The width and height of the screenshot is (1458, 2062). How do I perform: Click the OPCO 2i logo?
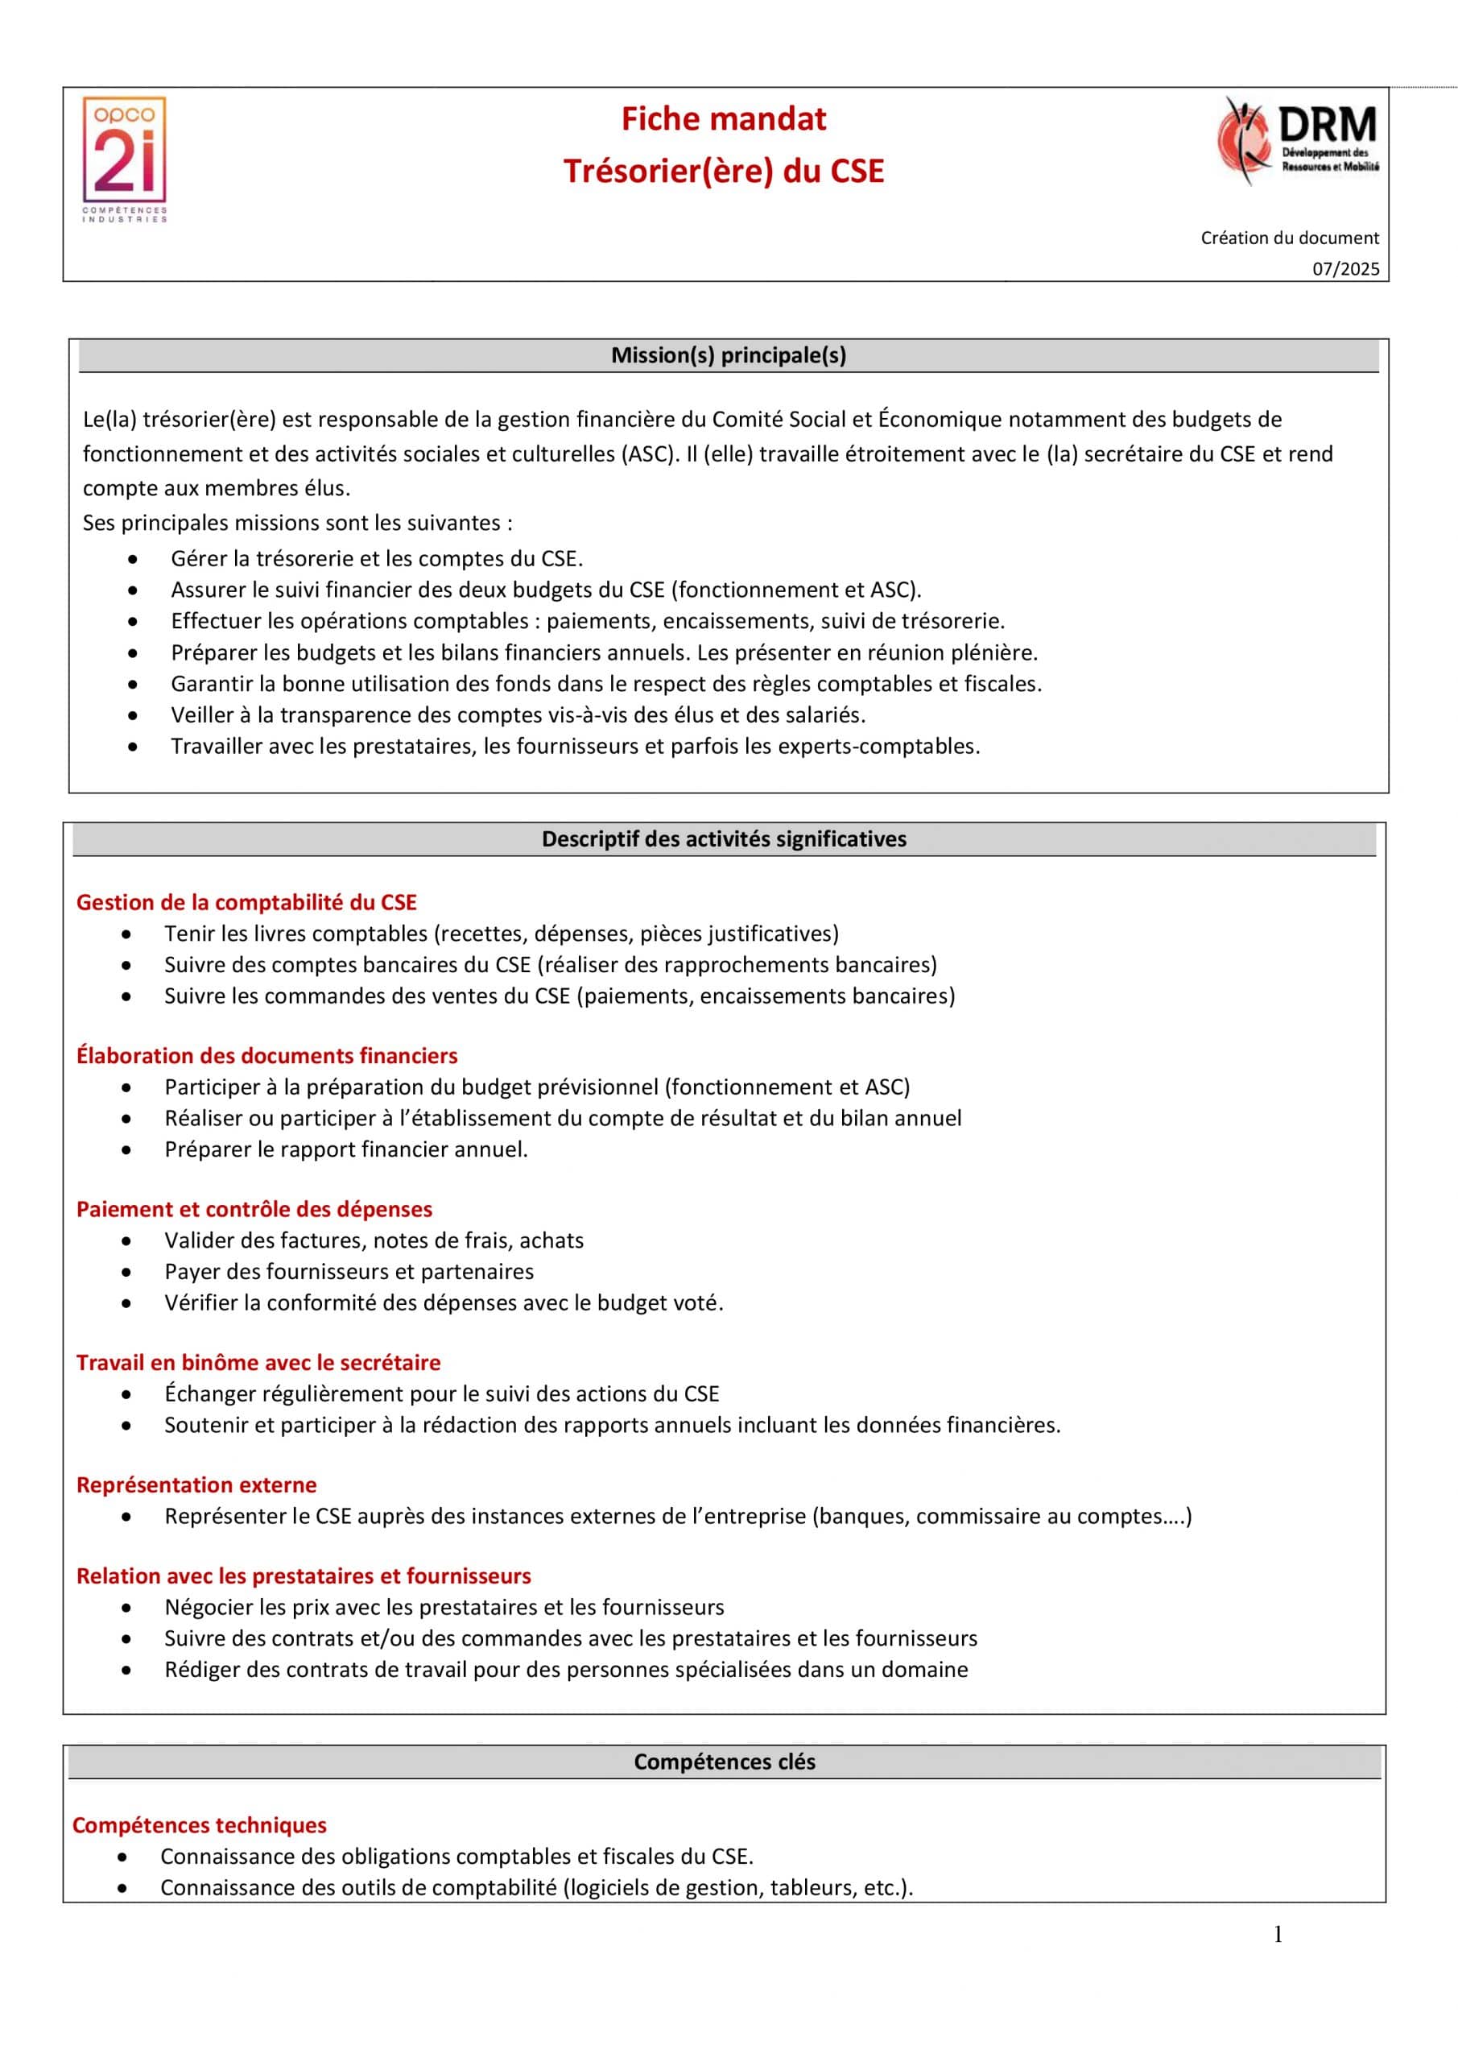coord(125,158)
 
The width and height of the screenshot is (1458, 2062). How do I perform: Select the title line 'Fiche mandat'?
coord(724,119)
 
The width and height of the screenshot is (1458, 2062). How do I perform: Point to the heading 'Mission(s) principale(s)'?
coord(728,356)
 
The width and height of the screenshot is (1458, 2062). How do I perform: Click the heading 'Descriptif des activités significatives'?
coord(724,838)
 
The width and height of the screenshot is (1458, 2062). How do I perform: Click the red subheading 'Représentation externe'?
coord(196,1484)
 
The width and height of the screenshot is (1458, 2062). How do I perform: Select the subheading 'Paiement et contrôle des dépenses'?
coord(254,1209)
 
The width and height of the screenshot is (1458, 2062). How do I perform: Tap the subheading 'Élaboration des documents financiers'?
coord(266,1055)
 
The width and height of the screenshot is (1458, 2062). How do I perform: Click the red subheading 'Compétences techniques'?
coord(200,1825)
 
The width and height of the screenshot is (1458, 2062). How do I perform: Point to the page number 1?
coord(1278,1934)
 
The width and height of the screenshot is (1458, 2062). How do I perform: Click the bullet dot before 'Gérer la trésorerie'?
coord(133,560)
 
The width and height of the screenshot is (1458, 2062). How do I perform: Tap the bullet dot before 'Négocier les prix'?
coord(126,1608)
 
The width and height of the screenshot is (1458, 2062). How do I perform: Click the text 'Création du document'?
coord(1289,238)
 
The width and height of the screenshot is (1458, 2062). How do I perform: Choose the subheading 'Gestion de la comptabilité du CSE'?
coord(247,903)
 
